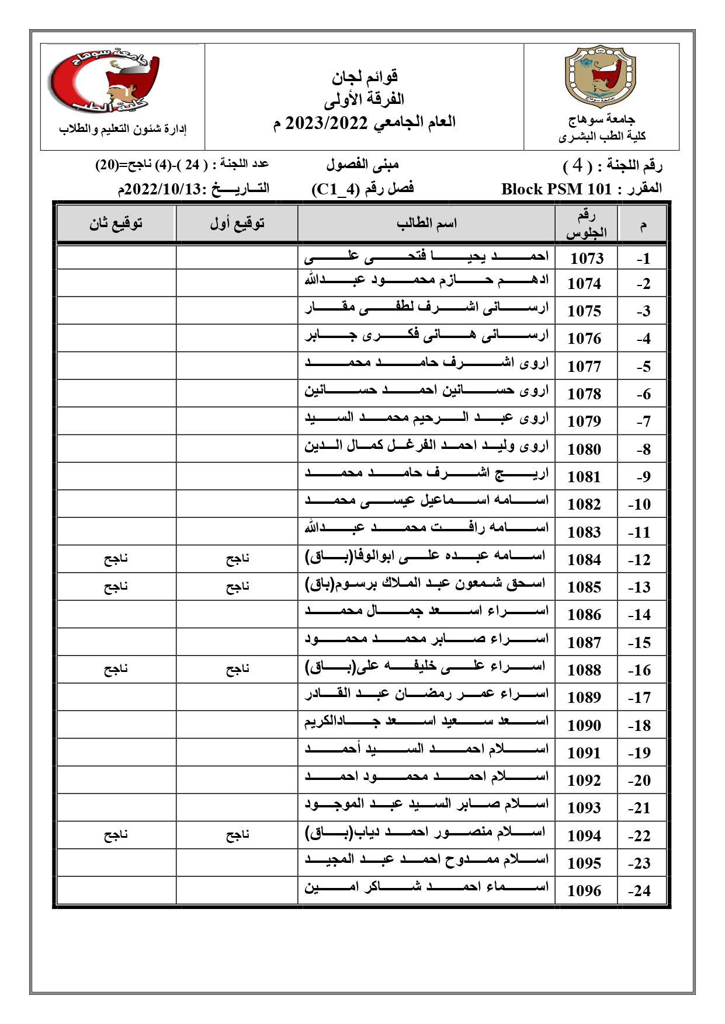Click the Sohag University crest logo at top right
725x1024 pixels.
pyautogui.click(x=601, y=79)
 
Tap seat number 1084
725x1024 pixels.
pyautogui.click(x=584, y=560)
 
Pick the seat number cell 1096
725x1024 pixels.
pyautogui.click(x=584, y=891)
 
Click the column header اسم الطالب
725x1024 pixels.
pyautogui.click(x=426, y=223)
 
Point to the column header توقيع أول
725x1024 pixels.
pyautogui.click(x=237, y=223)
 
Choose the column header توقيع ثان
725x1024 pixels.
pyautogui.click(x=116, y=223)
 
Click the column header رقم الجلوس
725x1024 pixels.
pyautogui.click(x=586, y=224)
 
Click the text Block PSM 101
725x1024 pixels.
pyautogui.click(x=556, y=189)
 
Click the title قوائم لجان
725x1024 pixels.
pyautogui.click(x=365, y=76)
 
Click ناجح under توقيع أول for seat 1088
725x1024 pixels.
pyautogui.click(x=237, y=669)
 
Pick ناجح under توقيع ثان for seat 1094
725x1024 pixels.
pyautogui.click(x=116, y=835)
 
